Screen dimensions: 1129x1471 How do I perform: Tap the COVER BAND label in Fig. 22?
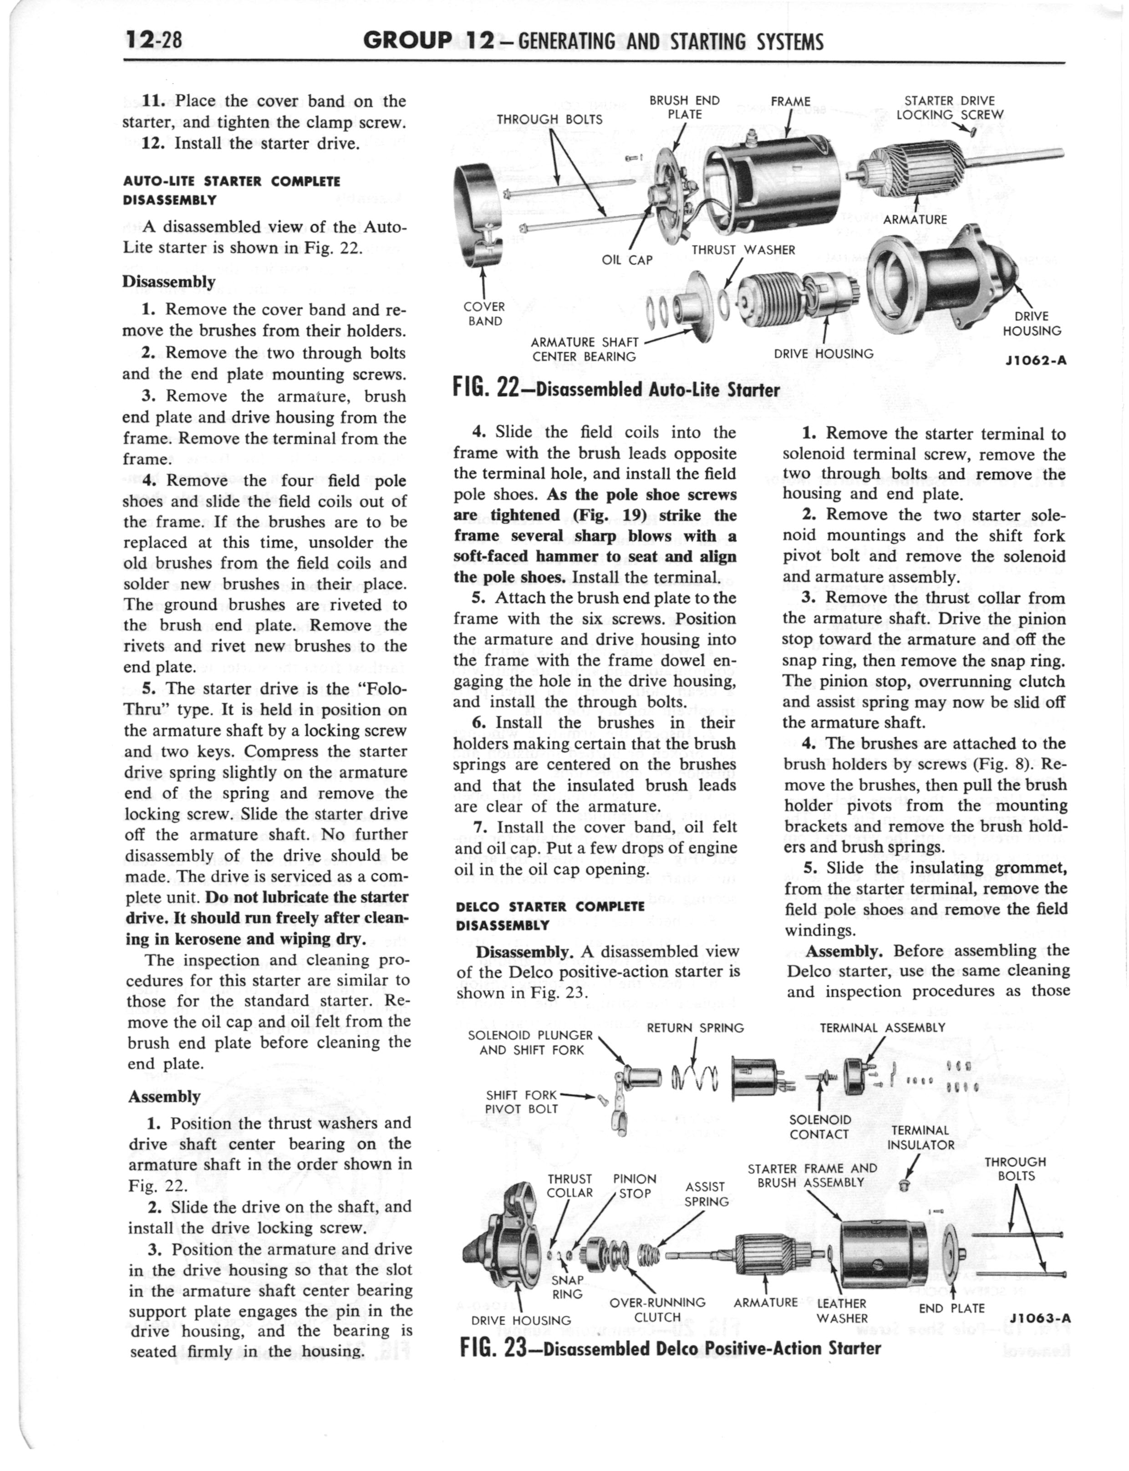tap(484, 313)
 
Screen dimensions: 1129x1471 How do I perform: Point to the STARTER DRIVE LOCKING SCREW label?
tap(950, 108)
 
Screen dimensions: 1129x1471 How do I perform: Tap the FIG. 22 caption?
tap(616, 388)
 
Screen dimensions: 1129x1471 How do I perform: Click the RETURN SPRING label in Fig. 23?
tap(695, 1027)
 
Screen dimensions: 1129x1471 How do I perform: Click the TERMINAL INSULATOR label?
tap(920, 1137)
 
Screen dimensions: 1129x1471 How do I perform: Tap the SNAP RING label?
tap(567, 1287)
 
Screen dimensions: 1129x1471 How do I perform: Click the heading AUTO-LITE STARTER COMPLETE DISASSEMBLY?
tap(231, 190)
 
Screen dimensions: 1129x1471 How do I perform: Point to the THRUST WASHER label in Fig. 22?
tap(743, 250)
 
